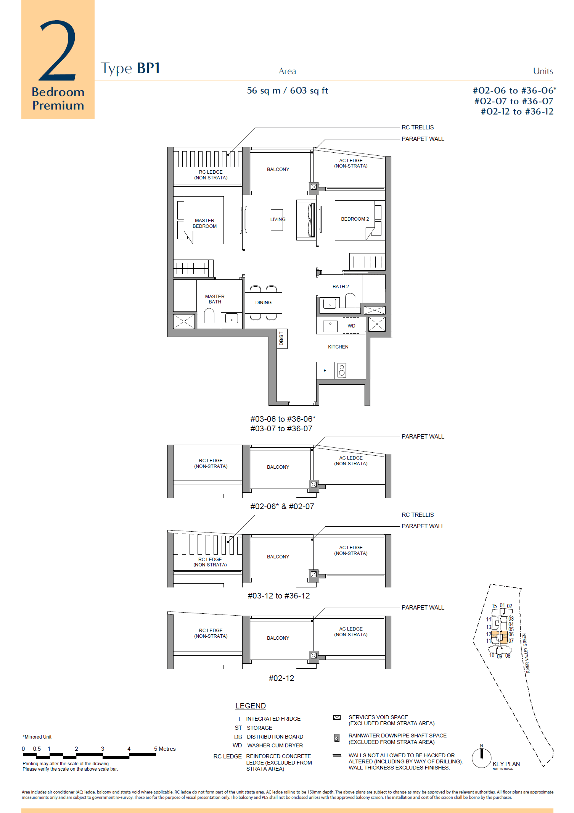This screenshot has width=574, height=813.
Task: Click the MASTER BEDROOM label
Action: pos(204,223)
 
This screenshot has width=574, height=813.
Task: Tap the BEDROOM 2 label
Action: pos(355,219)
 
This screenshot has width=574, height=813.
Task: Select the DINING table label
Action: pos(264,303)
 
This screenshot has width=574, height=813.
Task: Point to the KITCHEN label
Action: pos(338,347)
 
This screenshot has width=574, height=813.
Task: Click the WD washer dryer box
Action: pos(351,326)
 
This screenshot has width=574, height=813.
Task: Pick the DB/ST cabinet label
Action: pos(281,339)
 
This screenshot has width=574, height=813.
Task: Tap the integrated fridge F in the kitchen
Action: pos(325,371)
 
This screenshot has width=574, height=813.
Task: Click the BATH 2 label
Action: pos(341,287)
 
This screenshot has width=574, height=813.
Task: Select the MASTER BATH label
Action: pos(215,299)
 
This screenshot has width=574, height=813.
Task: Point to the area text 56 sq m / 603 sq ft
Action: pos(287,91)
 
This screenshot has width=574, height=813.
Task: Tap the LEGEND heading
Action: pos(251,706)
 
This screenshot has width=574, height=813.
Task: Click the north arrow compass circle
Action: pos(481,758)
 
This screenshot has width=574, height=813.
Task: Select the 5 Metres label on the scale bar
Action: pos(165,749)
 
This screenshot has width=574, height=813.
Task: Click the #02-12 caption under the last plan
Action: pos(281,678)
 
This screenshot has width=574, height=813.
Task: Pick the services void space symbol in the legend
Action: pos(337,718)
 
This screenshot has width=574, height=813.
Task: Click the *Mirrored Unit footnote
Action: pos(37,737)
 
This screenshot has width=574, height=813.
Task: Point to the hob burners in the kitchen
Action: pos(342,370)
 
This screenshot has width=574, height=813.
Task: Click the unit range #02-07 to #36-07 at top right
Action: pos(513,101)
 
